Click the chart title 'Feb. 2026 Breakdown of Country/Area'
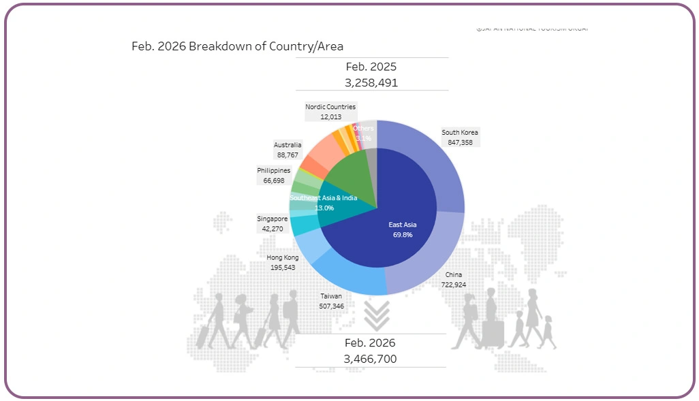pos(237,46)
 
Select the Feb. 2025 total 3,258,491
pos(371,82)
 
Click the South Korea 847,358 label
pos(460,138)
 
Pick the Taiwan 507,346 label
pos(331,302)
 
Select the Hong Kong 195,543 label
pos(282,263)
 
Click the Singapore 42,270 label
pos(272,223)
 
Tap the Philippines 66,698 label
pos(273,176)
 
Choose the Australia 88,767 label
pos(288,150)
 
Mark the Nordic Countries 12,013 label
pos(330,112)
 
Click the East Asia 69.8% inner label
pos(402,229)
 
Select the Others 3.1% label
pos(363,133)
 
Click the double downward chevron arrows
pos(376,315)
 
